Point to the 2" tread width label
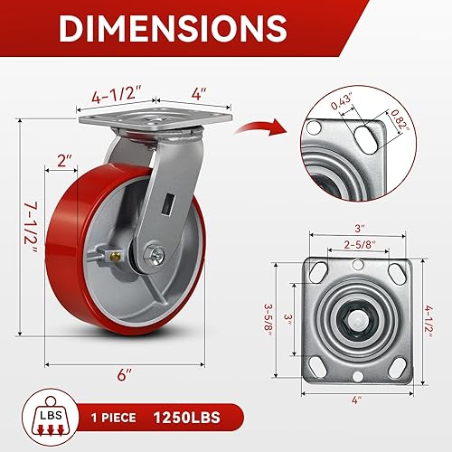(63, 161)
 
